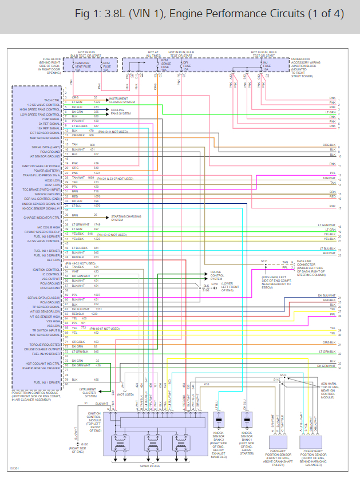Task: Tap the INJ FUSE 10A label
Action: tap(265, 66)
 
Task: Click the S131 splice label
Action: tap(264, 260)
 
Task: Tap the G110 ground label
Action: tap(214, 284)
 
